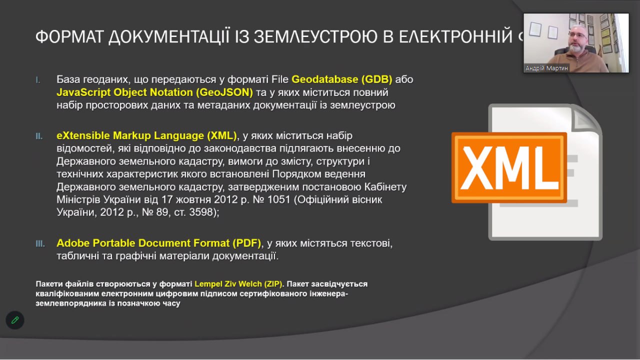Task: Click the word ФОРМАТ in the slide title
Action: coord(68,37)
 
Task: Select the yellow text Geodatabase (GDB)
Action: coord(342,79)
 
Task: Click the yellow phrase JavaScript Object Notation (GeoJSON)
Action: coord(155,92)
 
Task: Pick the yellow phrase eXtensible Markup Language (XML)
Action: coord(146,136)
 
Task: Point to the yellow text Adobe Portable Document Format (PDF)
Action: coord(159,243)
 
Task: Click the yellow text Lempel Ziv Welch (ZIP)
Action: coord(238,284)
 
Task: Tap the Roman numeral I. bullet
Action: coord(38,80)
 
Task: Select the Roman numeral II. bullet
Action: coord(39,136)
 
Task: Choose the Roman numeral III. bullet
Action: coord(40,244)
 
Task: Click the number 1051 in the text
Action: coord(279,200)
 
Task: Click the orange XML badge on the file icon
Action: coord(509,167)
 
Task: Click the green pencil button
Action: coord(15,320)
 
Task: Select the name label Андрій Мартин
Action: coord(546,68)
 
